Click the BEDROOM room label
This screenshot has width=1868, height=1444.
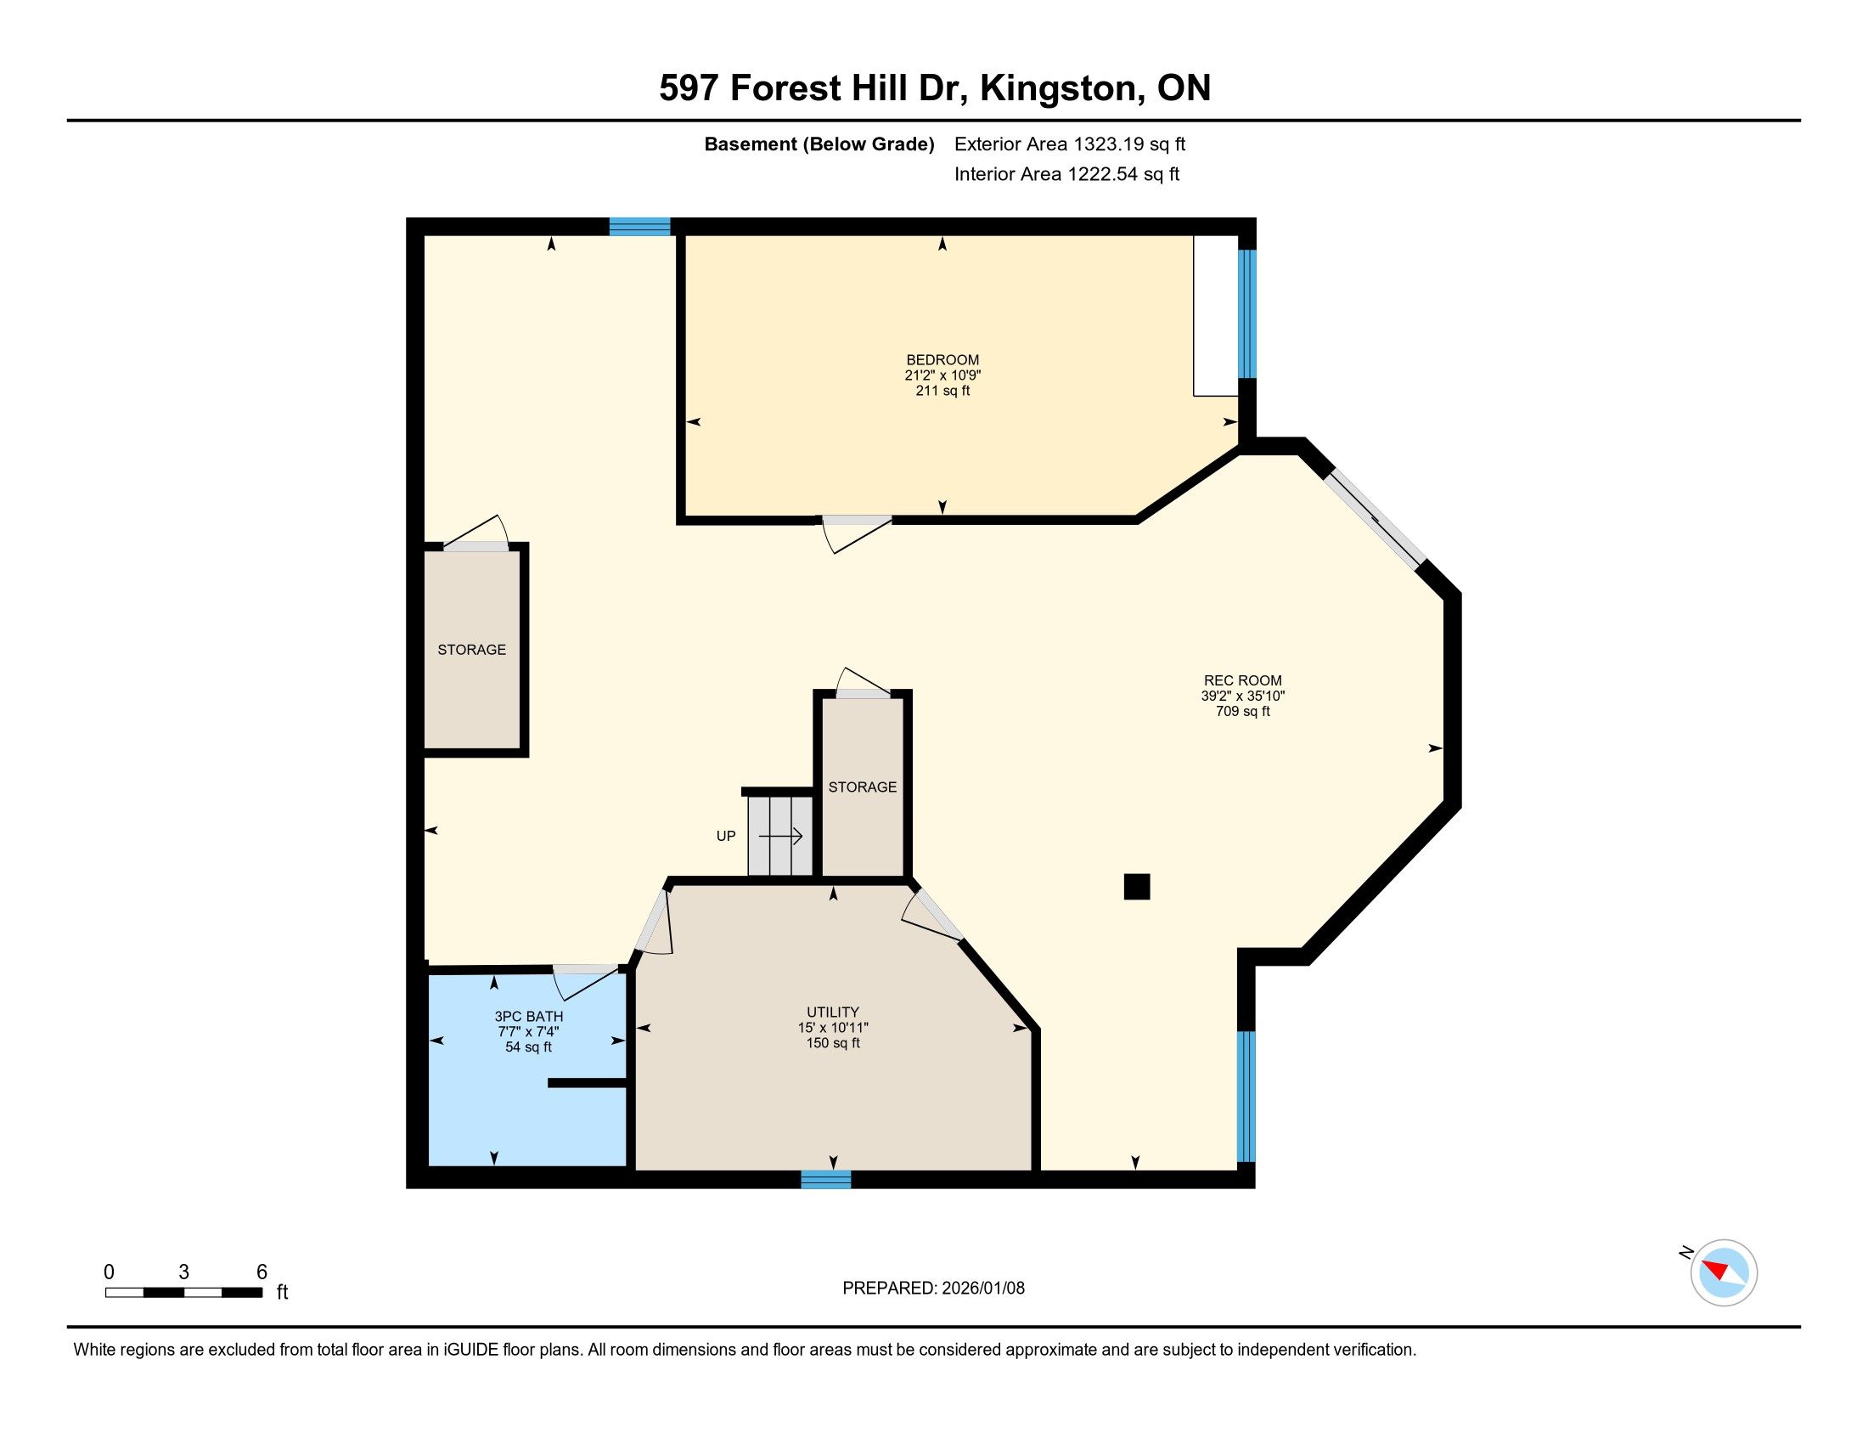(942, 360)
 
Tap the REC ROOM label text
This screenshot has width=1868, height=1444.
(1243, 681)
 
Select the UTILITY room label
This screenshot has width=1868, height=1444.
(832, 1012)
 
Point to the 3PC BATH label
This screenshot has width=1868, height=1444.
(529, 1016)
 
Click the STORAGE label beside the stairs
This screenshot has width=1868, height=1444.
(862, 787)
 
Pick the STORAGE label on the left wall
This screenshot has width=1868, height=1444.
(471, 650)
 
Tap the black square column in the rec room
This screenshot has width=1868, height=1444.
(1137, 886)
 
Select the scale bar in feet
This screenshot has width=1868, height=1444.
(184, 1293)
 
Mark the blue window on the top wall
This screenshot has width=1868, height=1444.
(639, 227)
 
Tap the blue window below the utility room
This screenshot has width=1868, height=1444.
(826, 1180)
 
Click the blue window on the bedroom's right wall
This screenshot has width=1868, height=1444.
(1248, 314)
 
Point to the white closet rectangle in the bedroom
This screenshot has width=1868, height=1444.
(1216, 316)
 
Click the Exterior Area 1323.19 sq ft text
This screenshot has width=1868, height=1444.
(1070, 144)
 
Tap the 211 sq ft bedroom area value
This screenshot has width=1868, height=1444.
(942, 391)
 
